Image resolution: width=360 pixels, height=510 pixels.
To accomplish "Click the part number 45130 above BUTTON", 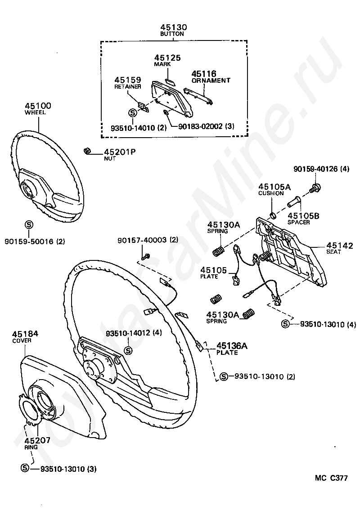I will click(x=174, y=27).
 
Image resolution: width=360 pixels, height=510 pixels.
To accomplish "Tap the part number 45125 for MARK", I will click(x=167, y=58).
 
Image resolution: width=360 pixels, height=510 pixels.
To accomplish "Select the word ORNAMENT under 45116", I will click(x=211, y=81).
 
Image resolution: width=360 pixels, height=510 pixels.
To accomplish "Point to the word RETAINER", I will click(x=128, y=86).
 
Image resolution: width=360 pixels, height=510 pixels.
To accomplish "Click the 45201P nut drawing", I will click(x=88, y=151).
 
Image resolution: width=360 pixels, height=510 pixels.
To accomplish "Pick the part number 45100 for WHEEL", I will click(x=38, y=106).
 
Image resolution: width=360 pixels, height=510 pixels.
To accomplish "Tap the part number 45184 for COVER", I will click(x=25, y=334).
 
